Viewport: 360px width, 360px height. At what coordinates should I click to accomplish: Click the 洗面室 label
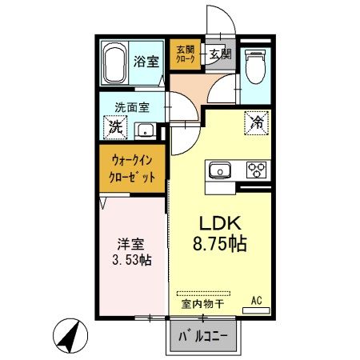[127, 106]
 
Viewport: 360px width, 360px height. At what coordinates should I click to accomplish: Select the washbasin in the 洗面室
[146, 130]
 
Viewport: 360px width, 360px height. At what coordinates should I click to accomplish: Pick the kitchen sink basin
[220, 170]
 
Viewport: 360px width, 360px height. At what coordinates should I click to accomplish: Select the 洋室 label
[126, 242]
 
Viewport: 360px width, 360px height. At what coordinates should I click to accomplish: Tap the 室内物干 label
[202, 304]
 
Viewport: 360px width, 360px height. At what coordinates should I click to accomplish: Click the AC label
[257, 301]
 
